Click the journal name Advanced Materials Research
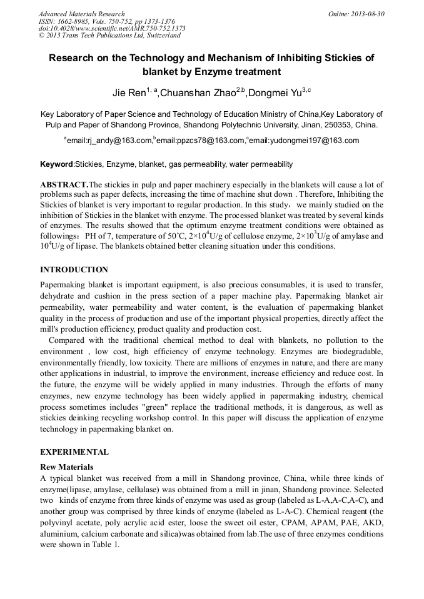click(x=81, y=14)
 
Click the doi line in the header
click(x=112, y=28)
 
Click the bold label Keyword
click(x=56, y=164)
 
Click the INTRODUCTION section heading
click(x=74, y=270)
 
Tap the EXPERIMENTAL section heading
click(x=74, y=452)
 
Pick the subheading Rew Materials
click(x=66, y=467)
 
